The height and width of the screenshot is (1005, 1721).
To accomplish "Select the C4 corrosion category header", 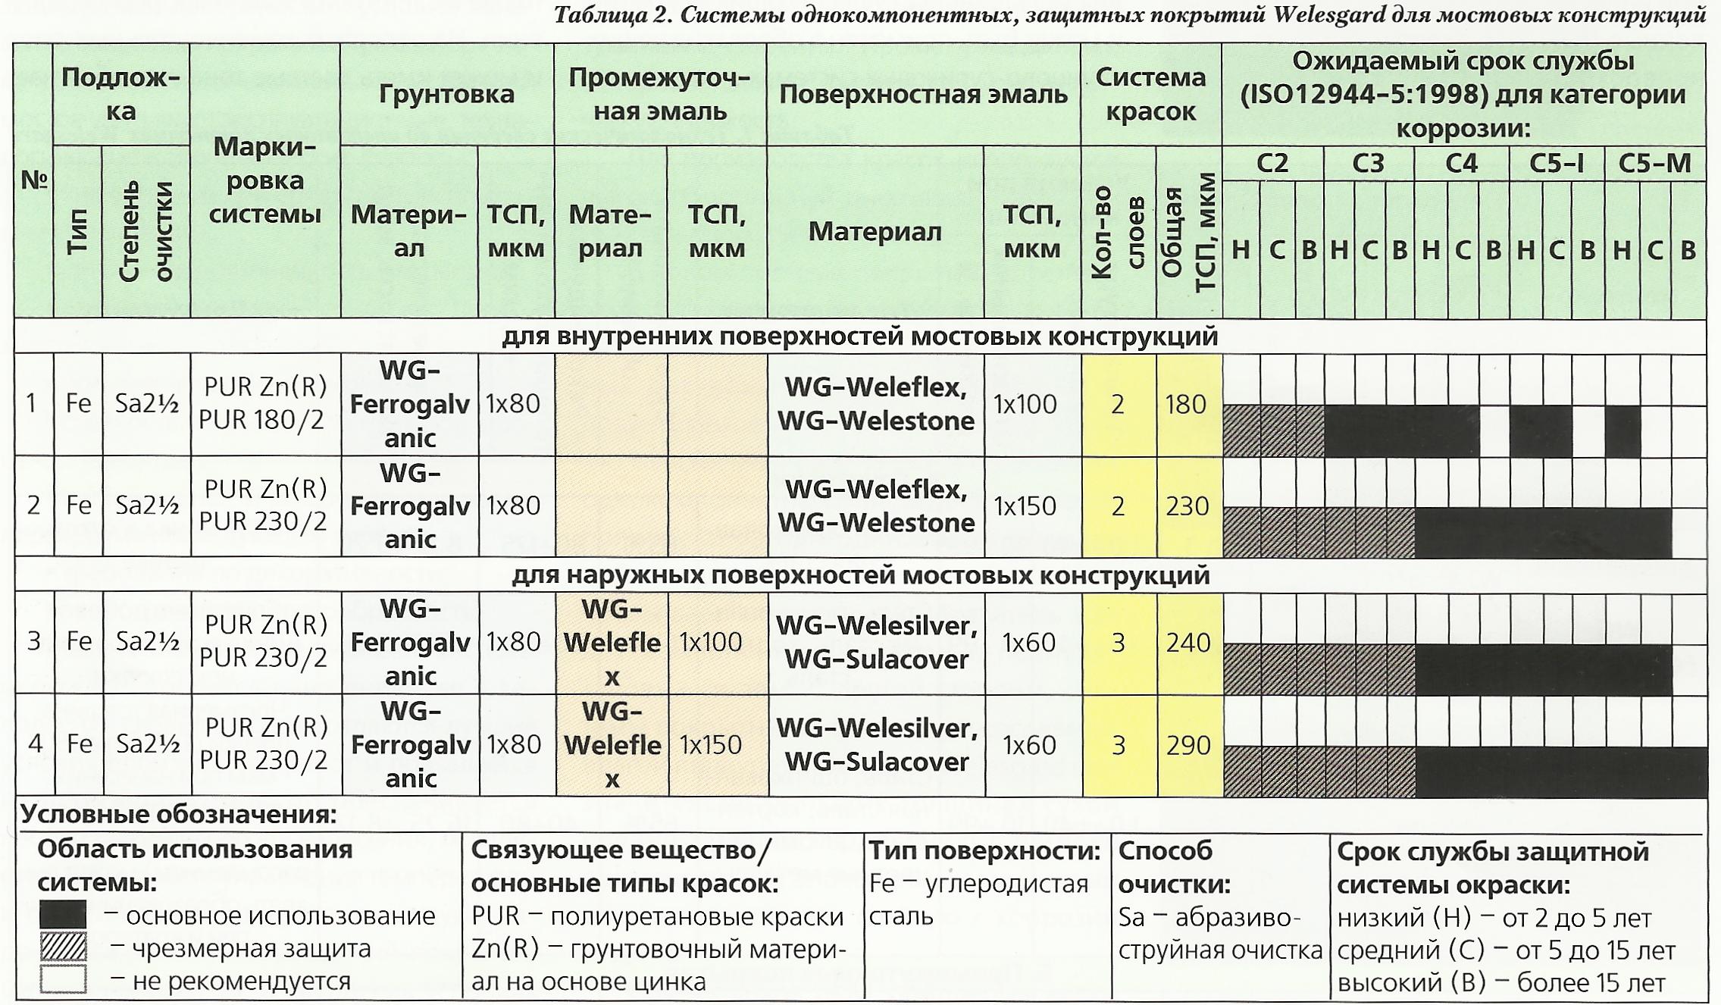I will pyautogui.click(x=1461, y=164).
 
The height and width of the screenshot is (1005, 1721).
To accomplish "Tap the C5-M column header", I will pyautogui.click(x=1654, y=164).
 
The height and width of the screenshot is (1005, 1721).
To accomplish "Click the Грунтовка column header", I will pyautogui.click(x=446, y=94).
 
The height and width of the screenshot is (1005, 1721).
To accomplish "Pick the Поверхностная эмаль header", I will pyautogui.click(x=923, y=94).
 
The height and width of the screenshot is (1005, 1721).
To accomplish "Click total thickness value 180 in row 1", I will pyautogui.click(x=1187, y=404).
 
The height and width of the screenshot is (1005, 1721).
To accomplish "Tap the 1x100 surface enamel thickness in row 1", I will pyautogui.click(x=1025, y=404).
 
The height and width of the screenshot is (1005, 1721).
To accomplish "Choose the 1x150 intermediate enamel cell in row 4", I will pyautogui.click(x=710, y=745).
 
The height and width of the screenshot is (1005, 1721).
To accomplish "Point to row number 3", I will pyautogui.click(x=34, y=642).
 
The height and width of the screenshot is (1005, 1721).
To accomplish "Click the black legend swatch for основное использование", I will pyautogui.click(x=63, y=915).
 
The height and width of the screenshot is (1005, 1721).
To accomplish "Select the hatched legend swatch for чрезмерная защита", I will pyautogui.click(x=63, y=947).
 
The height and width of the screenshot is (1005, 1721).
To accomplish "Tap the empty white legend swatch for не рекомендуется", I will pyautogui.click(x=63, y=979).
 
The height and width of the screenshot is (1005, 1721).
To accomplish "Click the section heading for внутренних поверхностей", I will pyautogui.click(x=859, y=337).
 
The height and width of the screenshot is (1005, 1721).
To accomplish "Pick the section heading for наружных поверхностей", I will pyautogui.click(x=859, y=576).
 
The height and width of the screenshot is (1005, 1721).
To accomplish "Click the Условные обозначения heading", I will pyautogui.click(x=178, y=815).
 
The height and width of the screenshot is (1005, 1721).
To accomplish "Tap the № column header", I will pyautogui.click(x=34, y=180).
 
